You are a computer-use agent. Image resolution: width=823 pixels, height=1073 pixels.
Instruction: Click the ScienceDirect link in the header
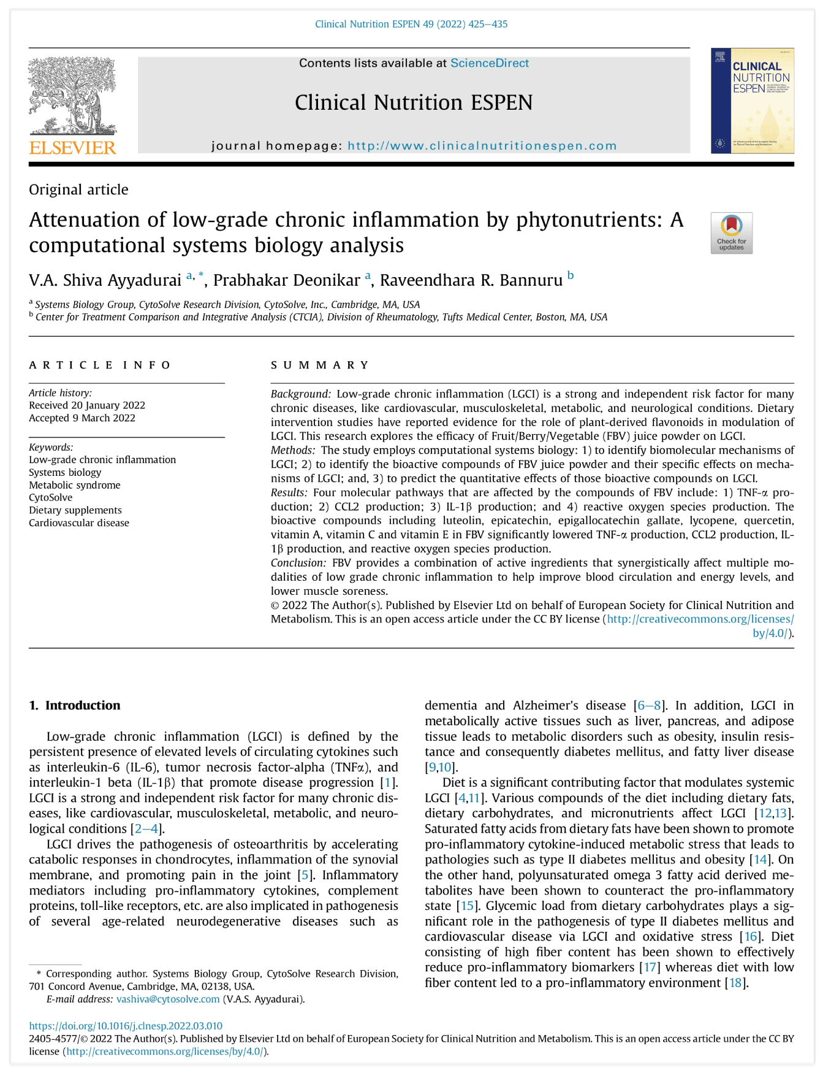click(x=489, y=63)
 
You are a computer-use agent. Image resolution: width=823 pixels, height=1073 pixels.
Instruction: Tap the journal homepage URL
click(x=482, y=146)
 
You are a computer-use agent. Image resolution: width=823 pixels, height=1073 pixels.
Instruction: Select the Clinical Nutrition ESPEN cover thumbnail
click(x=752, y=101)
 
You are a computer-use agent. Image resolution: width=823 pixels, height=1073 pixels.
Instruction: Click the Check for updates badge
click(x=731, y=233)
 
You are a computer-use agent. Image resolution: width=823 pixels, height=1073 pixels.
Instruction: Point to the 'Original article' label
click(x=78, y=189)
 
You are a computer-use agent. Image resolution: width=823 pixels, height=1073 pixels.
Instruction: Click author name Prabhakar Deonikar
click(x=286, y=280)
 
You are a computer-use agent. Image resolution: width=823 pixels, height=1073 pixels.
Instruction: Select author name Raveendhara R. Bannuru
click(x=471, y=280)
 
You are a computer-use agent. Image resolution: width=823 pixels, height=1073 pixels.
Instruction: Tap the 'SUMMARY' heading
click(x=320, y=365)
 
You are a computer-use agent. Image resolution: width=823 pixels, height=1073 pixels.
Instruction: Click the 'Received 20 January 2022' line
click(x=87, y=405)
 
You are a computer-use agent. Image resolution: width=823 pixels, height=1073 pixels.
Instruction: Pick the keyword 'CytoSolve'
click(x=50, y=497)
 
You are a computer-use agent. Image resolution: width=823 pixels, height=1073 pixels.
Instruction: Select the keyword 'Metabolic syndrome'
click(x=74, y=485)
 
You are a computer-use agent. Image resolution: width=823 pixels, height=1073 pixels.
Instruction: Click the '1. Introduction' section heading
click(x=75, y=705)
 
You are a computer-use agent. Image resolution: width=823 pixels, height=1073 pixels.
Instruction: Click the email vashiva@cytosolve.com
click(x=168, y=999)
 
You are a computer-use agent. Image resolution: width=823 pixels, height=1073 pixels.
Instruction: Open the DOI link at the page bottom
click(x=126, y=1026)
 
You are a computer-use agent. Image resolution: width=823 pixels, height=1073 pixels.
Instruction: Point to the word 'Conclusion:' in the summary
click(x=298, y=563)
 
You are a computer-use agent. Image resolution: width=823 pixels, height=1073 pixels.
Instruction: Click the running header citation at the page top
click(x=411, y=25)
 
